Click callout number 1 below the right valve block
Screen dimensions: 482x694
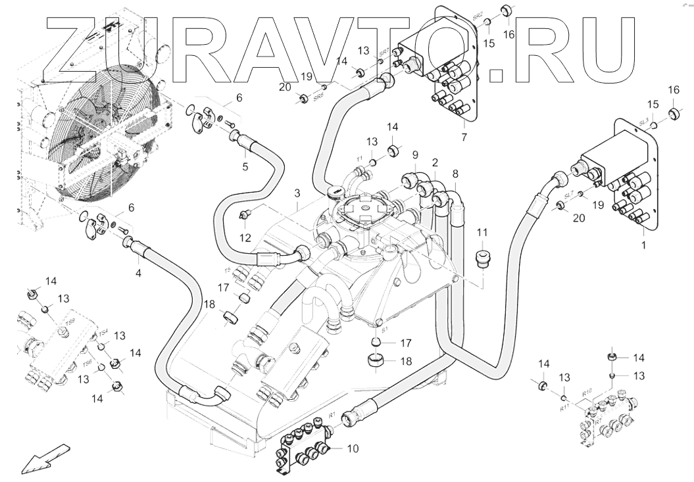643,245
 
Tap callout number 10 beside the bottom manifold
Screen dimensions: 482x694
353,449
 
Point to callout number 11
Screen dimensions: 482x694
482,232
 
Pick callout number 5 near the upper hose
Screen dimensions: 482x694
245,167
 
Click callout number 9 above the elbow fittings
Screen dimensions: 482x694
414,155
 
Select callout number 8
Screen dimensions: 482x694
455,174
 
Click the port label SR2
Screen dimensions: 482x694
478,15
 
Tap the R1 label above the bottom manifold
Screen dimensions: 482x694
332,415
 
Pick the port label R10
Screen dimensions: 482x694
587,392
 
